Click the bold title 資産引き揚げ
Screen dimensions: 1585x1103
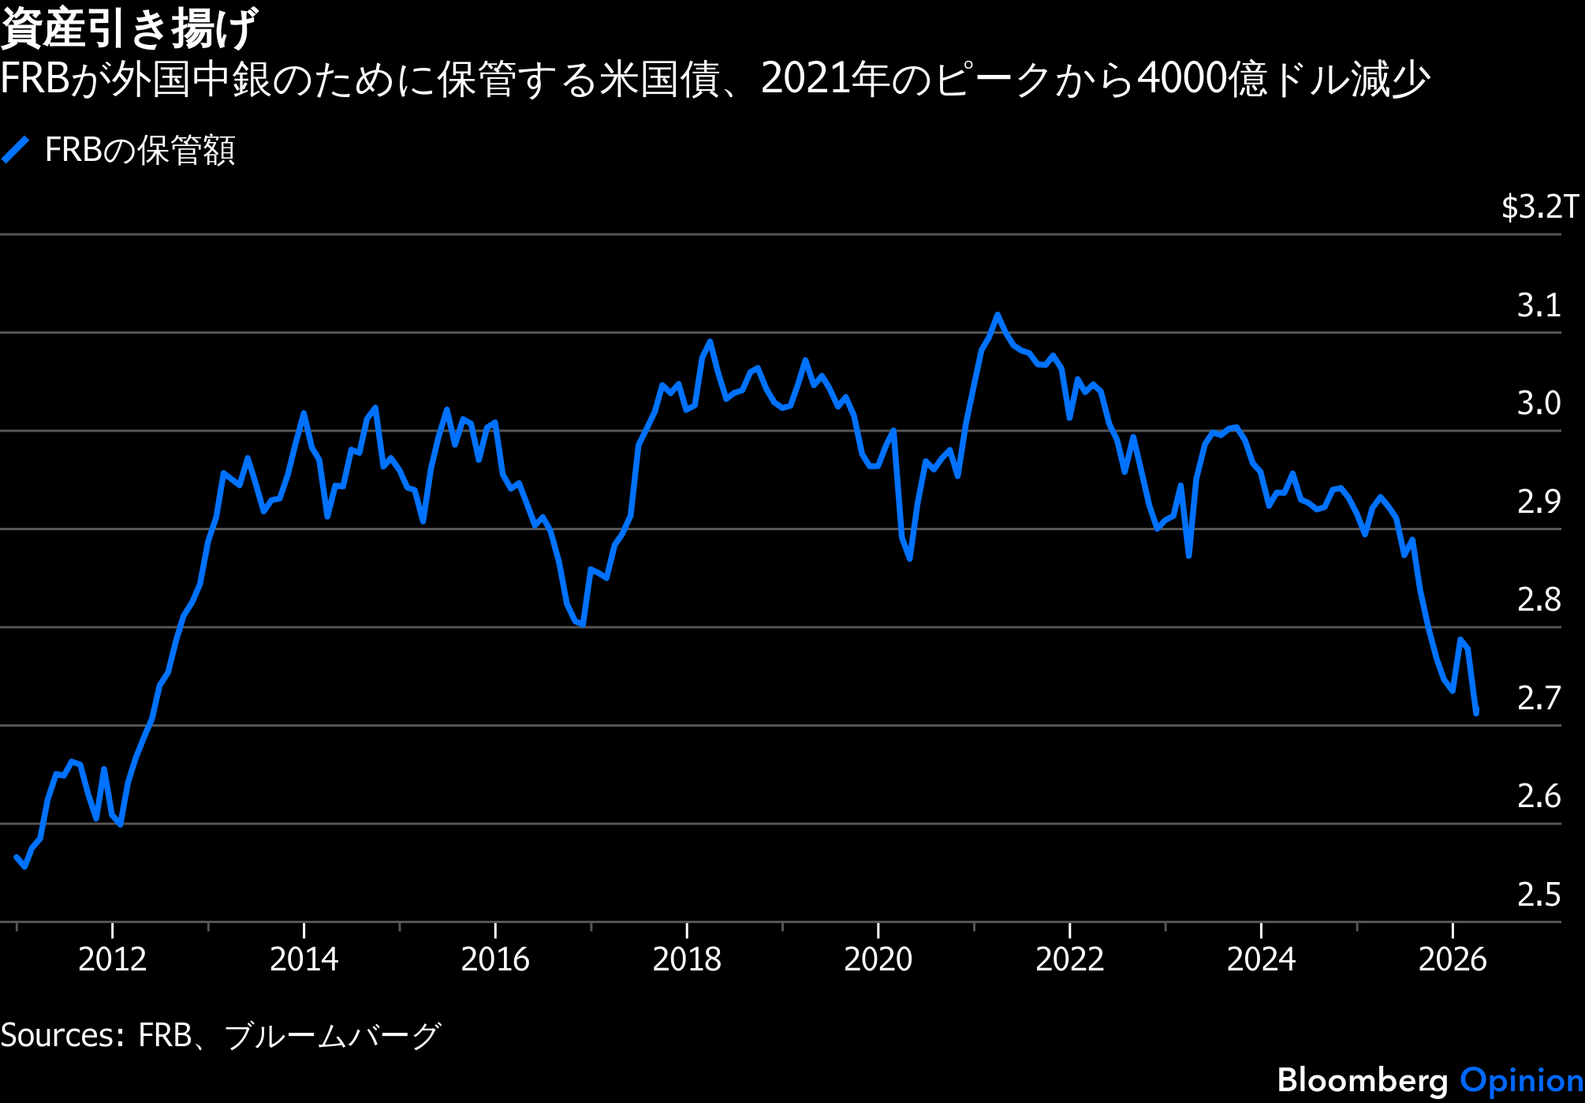[129, 28]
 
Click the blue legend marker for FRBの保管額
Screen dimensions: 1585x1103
[15, 150]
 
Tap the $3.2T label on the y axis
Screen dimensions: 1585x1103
[1540, 207]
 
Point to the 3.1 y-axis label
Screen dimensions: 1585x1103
[1538, 305]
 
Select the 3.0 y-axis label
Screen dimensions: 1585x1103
[1538, 403]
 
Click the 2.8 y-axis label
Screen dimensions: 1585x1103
[1538, 600]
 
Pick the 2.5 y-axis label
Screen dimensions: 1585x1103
[1538, 895]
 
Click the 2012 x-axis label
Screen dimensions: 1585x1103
[113, 959]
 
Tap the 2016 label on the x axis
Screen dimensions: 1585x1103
[495, 959]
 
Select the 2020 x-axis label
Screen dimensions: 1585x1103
[878, 959]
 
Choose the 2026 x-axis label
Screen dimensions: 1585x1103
[1453, 959]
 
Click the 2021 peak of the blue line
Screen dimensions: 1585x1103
[998, 315]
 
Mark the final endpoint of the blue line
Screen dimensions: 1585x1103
[1476, 712]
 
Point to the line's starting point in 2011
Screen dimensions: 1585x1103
[17, 857]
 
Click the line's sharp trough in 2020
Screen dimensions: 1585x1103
[910, 559]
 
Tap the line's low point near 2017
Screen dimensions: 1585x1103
[582, 625]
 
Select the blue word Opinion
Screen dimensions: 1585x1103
[1522, 1080]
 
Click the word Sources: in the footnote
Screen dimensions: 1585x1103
[62, 1035]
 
